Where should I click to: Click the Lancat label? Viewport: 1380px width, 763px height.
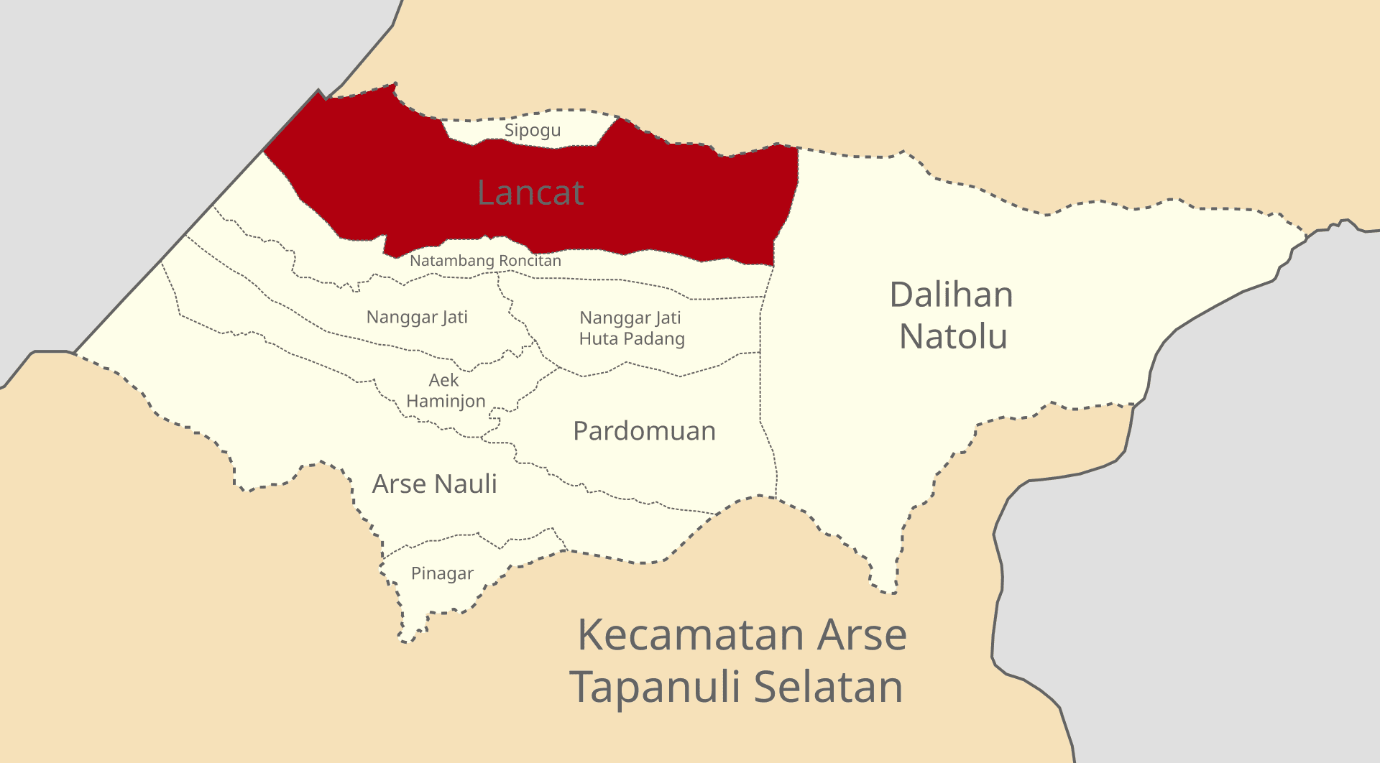click(x=530, y=193)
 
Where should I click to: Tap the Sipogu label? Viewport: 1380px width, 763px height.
click(x=532, y=131)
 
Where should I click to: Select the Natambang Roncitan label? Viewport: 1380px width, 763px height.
click(x=485, y=261)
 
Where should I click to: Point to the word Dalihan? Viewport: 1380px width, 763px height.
click(x=951, y=295)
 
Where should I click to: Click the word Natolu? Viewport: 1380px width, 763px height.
click(x=953, y=337)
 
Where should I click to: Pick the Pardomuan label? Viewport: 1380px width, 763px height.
click(x=644, y=431)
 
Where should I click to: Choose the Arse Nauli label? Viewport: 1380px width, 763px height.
click(x=434, y=484)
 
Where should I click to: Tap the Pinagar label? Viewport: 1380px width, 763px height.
click(x=442, y=573)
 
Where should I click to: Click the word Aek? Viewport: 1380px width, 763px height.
click(x=443, y=380)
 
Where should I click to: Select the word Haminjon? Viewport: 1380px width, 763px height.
click(x=446, y=401)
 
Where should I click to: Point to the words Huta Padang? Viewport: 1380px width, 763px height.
click(x=632, y=338)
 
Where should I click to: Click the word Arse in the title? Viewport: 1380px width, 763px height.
click(x=862, y=635)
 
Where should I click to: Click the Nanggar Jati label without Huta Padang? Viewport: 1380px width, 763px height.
click(x=417, y=318)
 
